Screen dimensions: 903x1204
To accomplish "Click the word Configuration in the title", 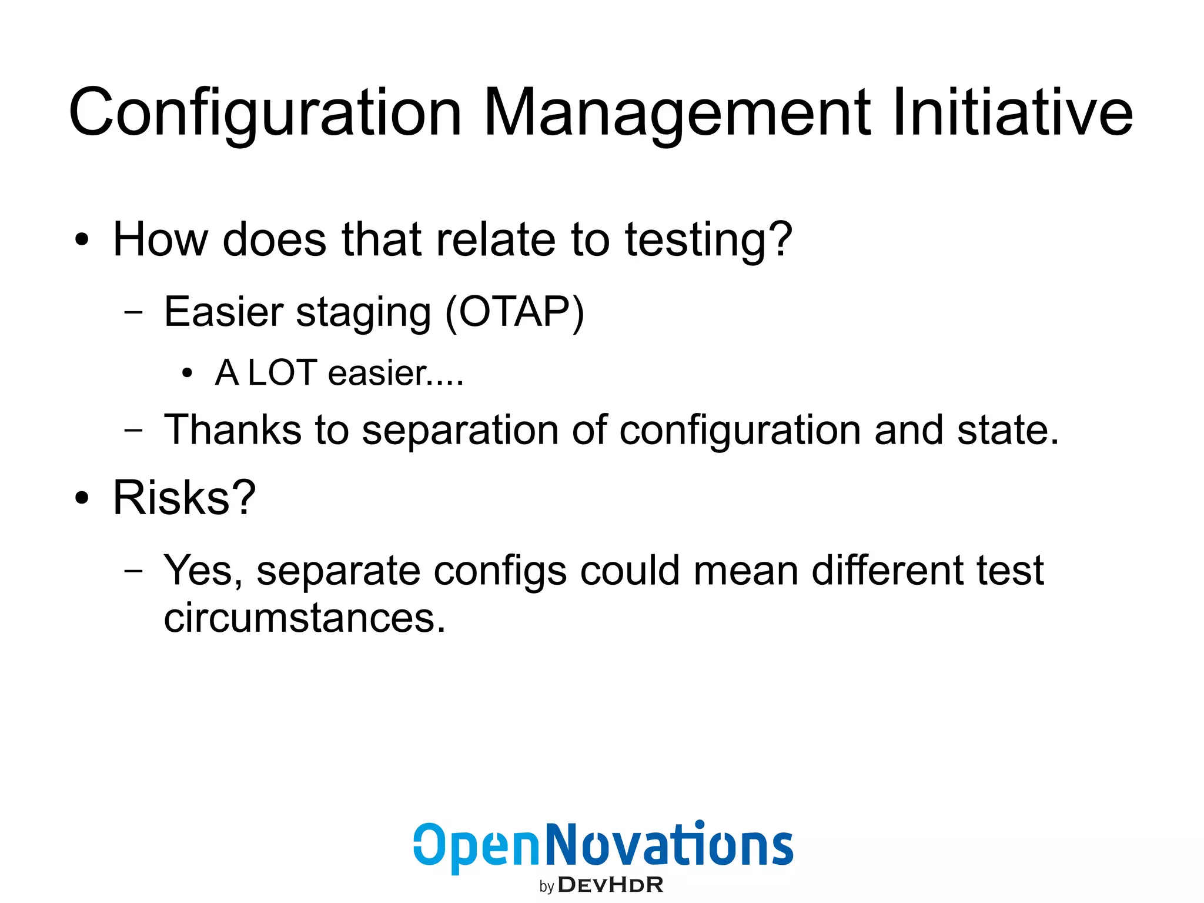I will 265,113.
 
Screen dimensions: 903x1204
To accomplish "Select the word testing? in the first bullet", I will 708,241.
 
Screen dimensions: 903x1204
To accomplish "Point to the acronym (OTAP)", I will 515,312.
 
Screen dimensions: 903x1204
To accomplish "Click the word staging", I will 363,314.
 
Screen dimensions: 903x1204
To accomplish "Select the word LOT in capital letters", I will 283,373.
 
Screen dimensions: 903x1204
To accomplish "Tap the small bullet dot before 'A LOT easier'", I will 187,373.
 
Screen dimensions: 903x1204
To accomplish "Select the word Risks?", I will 184,498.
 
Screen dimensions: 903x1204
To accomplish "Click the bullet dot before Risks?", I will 82,498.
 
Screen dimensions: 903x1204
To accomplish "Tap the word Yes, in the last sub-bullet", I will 203,571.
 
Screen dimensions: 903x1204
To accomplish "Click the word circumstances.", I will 304,618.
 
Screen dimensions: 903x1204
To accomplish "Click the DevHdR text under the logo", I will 610,885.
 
